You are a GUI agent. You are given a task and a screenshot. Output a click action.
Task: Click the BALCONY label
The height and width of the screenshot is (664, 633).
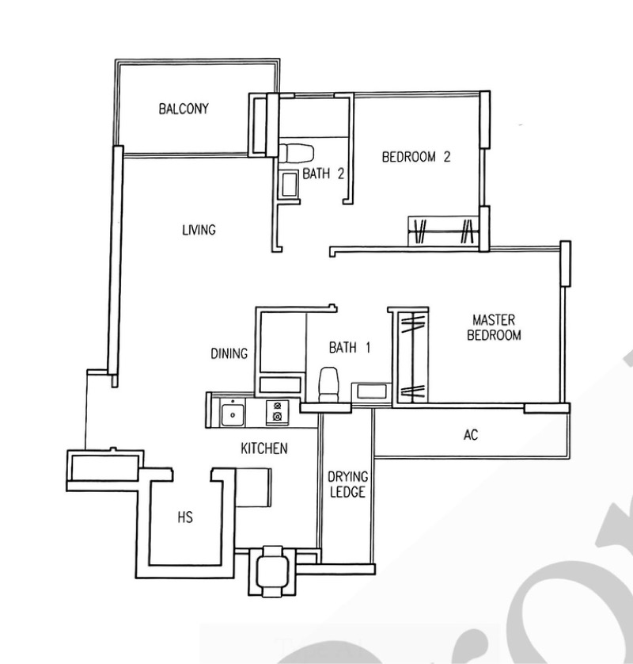click(184, 109)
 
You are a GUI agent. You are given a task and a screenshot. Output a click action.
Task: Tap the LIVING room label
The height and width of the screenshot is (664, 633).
click(199, 230)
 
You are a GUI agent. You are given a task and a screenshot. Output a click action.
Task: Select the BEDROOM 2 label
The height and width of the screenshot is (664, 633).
click(416, 157)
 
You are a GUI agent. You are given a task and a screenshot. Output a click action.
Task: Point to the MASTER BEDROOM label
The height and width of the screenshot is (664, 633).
click(494, 327)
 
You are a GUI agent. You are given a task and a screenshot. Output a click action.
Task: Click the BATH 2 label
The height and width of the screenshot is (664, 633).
click(323, 174)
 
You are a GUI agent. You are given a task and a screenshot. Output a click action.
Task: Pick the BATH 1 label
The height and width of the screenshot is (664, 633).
click(350, 348)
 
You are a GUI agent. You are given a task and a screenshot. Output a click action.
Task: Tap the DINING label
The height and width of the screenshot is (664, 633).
click(229, 353)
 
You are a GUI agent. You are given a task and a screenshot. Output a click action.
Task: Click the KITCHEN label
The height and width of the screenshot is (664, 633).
click(264, 448)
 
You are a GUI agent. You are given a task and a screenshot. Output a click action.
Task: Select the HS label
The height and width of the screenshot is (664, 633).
click(185, 517)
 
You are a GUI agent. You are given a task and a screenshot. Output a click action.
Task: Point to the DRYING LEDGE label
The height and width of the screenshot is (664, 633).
click(347, 484)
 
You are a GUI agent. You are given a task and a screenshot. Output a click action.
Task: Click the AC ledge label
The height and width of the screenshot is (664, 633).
click(471, 435)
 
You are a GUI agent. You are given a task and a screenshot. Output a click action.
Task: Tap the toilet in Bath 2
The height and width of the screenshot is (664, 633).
click(297, 153)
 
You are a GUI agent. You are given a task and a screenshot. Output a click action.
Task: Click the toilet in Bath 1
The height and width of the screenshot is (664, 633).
click(329, 384)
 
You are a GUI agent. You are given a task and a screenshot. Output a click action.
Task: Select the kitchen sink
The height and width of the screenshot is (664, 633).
click(232, 414)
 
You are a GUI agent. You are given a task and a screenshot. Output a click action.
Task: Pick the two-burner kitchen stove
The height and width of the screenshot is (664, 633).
click(278, 412)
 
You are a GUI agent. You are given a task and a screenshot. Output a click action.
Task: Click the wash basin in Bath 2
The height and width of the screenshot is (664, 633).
click(290, 185)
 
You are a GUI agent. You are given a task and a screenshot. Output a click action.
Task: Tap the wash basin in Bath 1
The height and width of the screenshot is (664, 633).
click(372, 391)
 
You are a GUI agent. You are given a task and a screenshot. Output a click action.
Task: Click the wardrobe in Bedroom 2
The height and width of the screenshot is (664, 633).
click(444, 231)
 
